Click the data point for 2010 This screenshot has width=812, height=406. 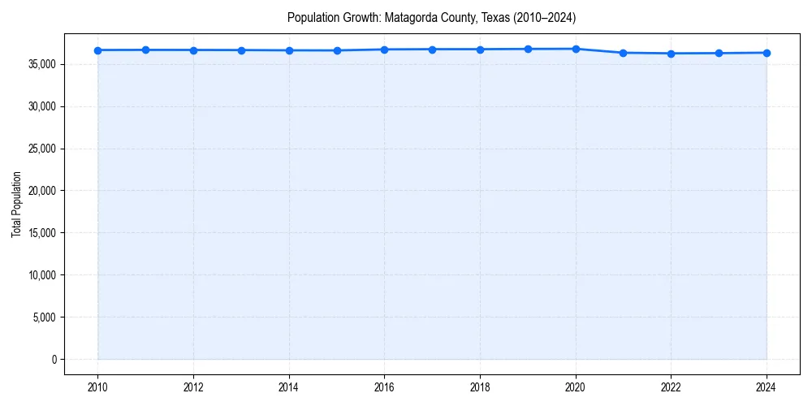tap(97, 50)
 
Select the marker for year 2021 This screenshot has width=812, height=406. tap(623, 53)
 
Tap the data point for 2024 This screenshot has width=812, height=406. tap(767, 53)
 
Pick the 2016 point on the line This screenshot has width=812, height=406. tap(384, 50)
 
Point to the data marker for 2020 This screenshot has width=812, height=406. tap(576, 49)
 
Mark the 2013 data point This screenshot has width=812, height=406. tap(241, 50)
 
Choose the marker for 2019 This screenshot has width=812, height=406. tap(528, 49)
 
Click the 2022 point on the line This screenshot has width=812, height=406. tap(671, 54)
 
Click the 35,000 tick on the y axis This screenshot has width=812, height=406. tap(41, 64)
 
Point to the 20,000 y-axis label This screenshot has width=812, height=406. tap(41, 191)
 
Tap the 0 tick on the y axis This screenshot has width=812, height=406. tap(54, 360)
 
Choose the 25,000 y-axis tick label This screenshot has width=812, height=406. tap(41, 149)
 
